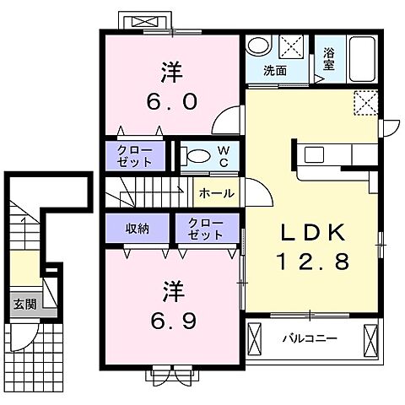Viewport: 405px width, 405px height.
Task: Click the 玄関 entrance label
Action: pos(25,304)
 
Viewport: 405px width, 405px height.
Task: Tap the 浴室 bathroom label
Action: pos(328,59)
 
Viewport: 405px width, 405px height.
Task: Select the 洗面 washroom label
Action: pos(275,71)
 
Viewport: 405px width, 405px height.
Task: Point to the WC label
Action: pos(224,157)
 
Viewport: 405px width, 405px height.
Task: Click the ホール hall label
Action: pos(217,193)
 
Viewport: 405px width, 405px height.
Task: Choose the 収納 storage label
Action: pos(137,229)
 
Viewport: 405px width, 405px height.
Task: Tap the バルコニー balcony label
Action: pos(310,337)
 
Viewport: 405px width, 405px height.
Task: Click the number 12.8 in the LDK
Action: pos(314,261)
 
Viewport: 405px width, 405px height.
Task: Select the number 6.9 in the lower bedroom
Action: pos(173,321)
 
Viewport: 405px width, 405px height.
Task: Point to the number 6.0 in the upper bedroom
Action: pos(171,101)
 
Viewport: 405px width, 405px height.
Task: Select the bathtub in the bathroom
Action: pos(363,59)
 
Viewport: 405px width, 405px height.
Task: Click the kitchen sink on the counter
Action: pos(314,154)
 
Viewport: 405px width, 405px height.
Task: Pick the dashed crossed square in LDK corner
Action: pos(365,102)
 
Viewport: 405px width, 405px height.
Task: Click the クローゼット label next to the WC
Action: pos(135,156)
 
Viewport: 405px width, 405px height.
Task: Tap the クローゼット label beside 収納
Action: pos(206,229)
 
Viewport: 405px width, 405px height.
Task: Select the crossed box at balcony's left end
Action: pos(254,340)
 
